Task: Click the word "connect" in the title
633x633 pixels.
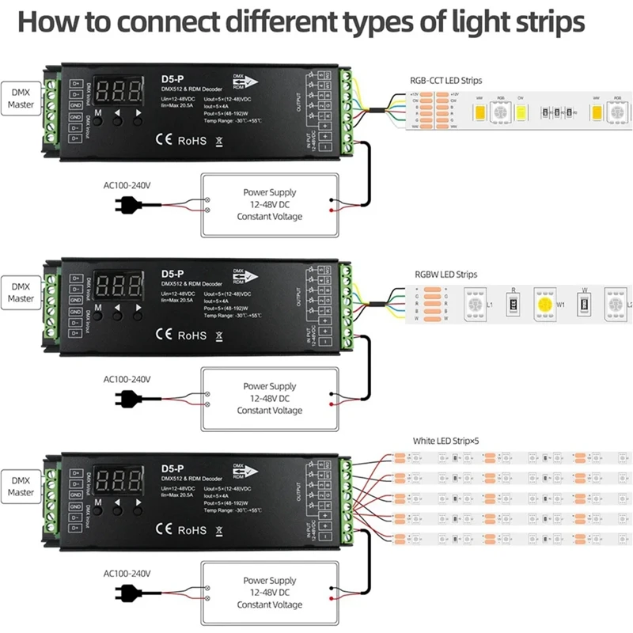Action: pos(179,21)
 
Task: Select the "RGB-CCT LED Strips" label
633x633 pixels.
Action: pos(445,80)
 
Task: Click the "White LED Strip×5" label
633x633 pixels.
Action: pos(445,441)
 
